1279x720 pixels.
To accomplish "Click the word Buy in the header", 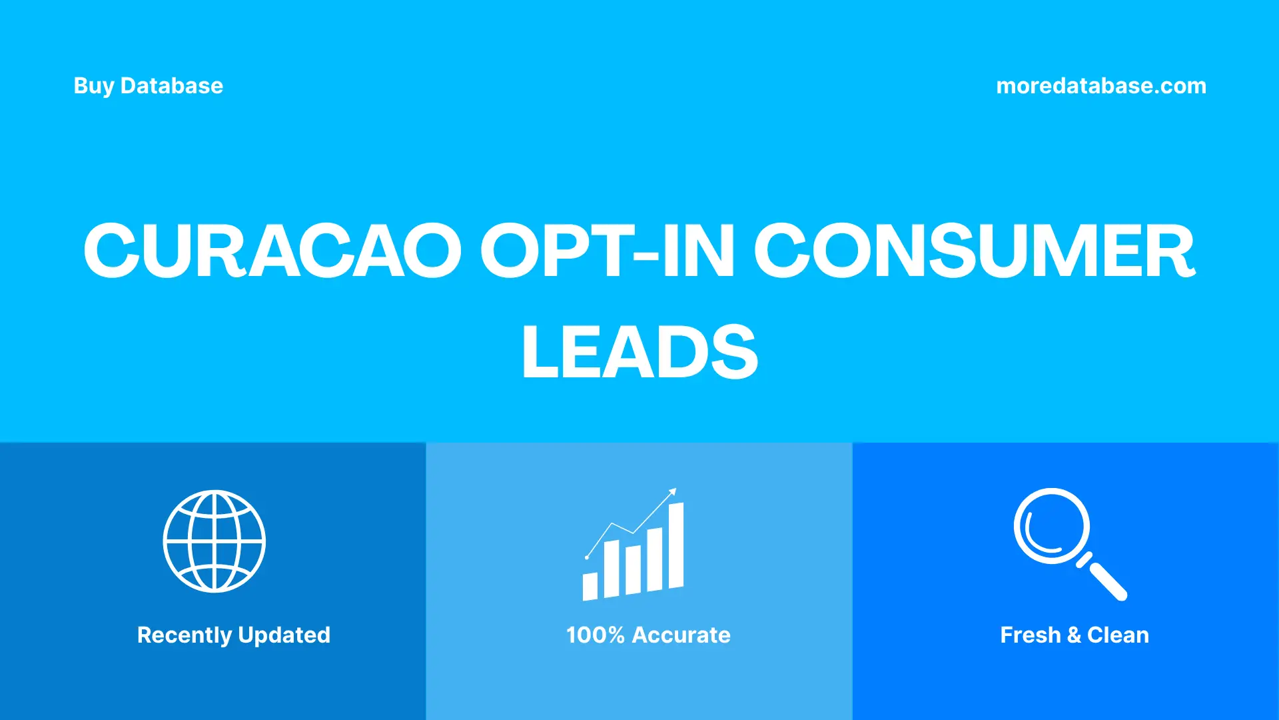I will coord(94,86).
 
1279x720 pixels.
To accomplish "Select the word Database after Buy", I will coord(172,86).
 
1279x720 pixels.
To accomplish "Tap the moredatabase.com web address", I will coord(1100,86).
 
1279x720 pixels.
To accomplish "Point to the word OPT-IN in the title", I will coord(607,251).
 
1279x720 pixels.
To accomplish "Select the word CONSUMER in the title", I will coord(975,251).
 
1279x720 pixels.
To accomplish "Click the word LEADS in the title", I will coord(639,351).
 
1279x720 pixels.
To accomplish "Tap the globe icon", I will coord(214,541).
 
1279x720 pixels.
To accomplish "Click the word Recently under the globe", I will coord(184,635).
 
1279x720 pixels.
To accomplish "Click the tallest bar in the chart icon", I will coord(675,545).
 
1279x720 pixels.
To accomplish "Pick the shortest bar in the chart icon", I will coord(590,586).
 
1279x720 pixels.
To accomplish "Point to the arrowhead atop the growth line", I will coord(673,492).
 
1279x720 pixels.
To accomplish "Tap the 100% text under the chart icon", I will coord(595,635).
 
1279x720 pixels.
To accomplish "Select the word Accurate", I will coord(681,635).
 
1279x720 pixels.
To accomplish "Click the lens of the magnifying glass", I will coord(1051,526).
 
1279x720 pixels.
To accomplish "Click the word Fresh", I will coord(1030,635).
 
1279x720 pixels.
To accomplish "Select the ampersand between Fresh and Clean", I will coord(1074,635).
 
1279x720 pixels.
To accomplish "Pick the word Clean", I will coord(1118,635).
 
